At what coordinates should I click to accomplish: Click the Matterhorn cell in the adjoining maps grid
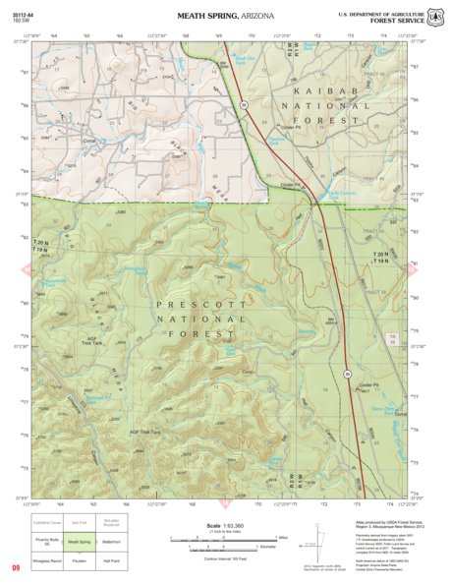pyautogui.click(x=116, y=542)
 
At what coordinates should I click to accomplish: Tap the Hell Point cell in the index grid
pyautogui.click(x=116, y=560)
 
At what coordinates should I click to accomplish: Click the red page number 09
pyautogui.click(x=16, y=568)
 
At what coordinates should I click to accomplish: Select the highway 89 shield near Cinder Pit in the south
pyautogui.click(x=347, y=374)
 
